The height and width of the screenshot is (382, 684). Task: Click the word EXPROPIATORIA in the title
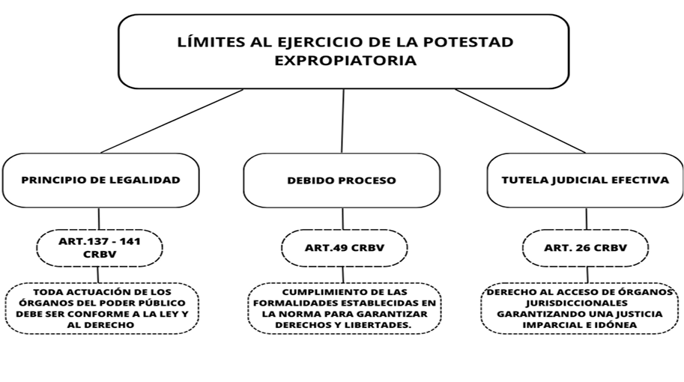coord(345,60)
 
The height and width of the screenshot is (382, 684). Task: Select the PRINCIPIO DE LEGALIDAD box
coord(101,180)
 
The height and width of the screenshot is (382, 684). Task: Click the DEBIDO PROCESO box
coord(342,180)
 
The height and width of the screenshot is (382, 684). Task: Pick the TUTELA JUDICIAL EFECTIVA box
coord(585,180)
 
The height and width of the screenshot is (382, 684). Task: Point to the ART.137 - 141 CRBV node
coord(100,248)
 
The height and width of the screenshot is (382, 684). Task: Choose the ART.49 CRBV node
coord(344,248)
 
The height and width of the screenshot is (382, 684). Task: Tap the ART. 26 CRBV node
coord(585,248)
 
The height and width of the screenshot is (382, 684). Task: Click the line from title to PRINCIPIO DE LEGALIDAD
coord(172,121)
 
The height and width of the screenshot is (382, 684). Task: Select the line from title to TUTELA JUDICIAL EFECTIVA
coord(520,121)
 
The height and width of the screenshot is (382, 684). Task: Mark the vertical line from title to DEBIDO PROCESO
coord(342,121)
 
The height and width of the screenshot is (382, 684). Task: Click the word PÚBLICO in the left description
coord(163,303)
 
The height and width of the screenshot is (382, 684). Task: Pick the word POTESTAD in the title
coord(468,42)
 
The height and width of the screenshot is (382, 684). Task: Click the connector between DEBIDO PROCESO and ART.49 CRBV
coord(342,219)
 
